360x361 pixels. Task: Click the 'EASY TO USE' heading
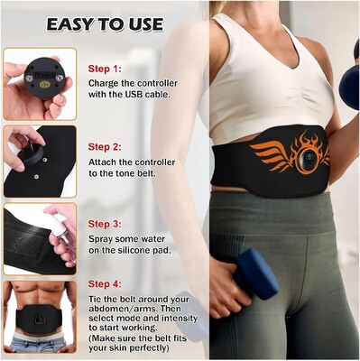coord(105,24)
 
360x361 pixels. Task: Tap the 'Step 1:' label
coord(105,69)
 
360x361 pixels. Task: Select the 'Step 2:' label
coord(105,147)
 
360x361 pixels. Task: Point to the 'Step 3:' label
coord(105,224)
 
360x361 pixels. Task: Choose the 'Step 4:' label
coord(105,284)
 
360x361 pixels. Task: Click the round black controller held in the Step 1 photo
coord(44,78)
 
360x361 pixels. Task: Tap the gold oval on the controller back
coord(44,85)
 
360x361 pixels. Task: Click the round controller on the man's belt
coord(39,319)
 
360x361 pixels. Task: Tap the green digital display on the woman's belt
coord(309,156)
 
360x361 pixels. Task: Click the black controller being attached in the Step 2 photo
coord(31,153)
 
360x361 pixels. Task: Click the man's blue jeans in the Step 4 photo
coord(38,345)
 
